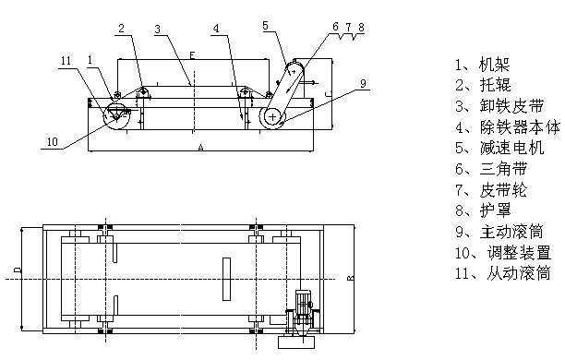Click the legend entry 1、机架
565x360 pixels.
(x=483, y=65)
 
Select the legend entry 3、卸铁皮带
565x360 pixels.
(x=499, y=106)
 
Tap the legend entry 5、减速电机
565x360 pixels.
(x=499, y=148)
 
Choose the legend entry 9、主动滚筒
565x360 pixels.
(x=499, y=232)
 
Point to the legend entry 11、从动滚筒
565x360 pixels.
(x=502, y=273)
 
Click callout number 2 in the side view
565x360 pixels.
(x=122, y=28)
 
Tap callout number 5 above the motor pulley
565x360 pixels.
(x=266, y=25)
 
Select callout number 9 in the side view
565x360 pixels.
(x=363, y=83)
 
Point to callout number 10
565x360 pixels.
(x=53, y=141)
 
